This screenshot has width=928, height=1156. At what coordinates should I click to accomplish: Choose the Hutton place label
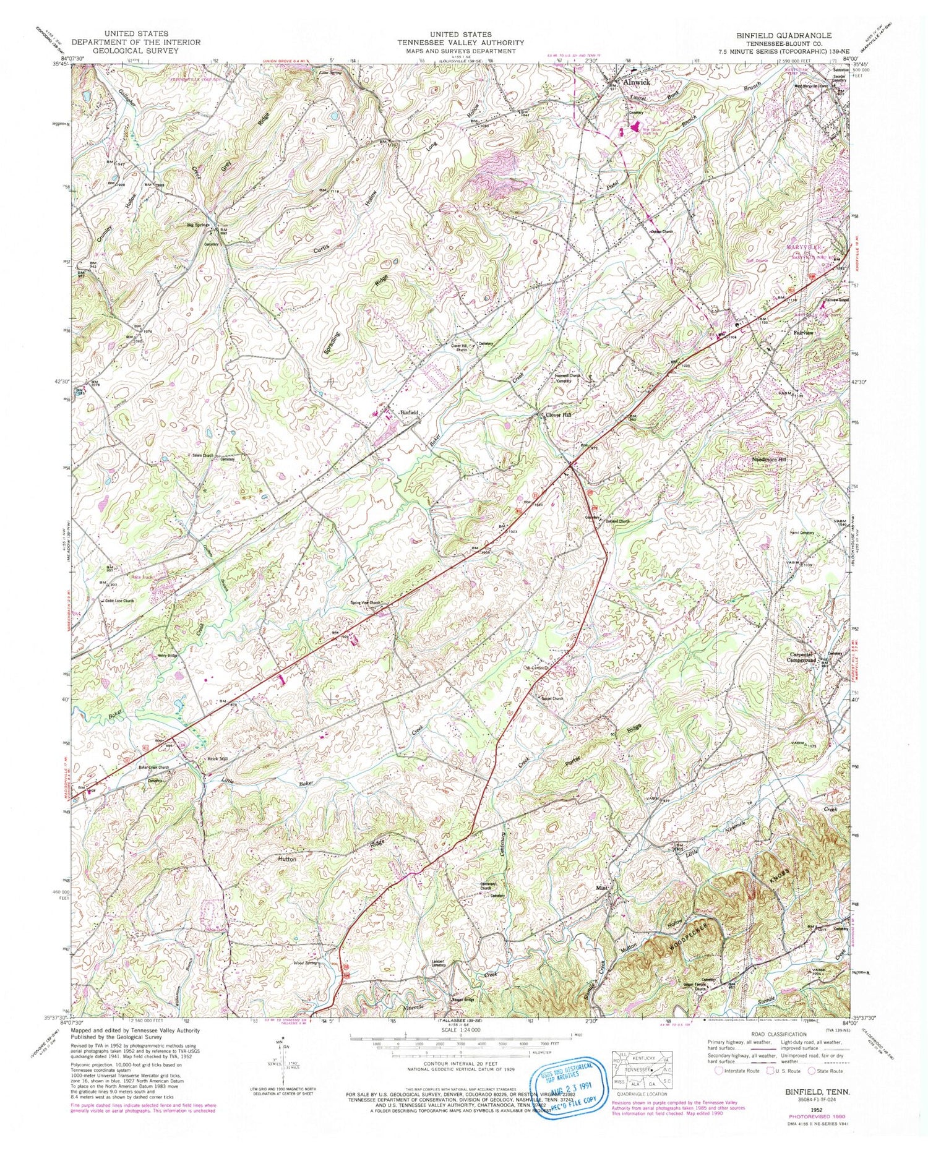pos(286,859)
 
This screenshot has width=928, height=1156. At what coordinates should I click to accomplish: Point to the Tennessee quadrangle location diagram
pos(641,1068)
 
